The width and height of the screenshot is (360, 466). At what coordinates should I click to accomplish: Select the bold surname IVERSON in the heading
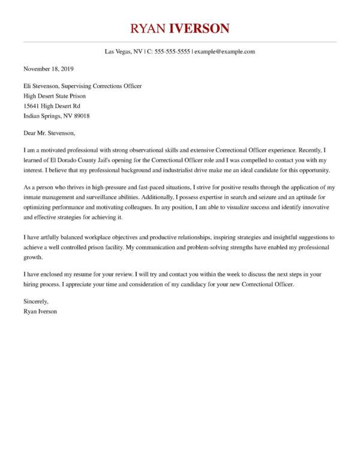[x=199, y=28]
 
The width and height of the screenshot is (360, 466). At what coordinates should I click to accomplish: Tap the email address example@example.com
[x=225, y=52]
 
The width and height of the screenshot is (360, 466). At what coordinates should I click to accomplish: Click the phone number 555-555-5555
[x=172, y=52]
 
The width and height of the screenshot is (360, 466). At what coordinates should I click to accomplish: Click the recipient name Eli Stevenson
[x=44, y=86]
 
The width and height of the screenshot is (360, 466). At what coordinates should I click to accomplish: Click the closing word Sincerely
[x=37, y=300]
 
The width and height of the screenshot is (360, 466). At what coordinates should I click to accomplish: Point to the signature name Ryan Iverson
[x=41, y=311]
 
